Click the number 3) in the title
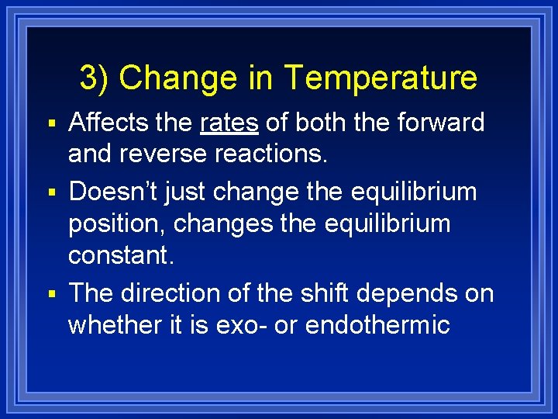pos(95,78)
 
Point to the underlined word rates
pos(229,123)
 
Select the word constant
pos(121,255)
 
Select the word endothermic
pos(377,324)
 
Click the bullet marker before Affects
pos(52,123)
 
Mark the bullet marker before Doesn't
pos(52,192)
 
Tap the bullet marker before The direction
pos(52,293)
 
